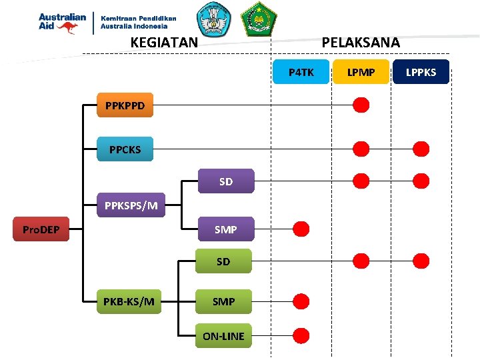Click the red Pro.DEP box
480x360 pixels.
point(41,230)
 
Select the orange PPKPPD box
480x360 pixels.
point(125,105)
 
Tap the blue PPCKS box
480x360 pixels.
point(125,149)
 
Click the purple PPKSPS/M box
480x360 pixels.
point(131,205)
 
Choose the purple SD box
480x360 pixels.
point(226,181)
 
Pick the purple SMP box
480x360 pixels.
point(226,229)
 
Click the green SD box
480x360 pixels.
point(223,261)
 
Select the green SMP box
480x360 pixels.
point(223,301)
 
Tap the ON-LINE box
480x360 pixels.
point(223,336)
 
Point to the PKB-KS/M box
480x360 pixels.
point(129,301)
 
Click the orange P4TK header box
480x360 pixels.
point(301,72)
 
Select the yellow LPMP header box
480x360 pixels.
point(361,72)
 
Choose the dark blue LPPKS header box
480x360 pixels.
point(421,72)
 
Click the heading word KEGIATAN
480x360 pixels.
point(164,43)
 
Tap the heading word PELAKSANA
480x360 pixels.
point(361,43)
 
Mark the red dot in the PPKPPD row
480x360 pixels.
point(361,105)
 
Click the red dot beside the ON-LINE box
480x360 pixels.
point(301,335)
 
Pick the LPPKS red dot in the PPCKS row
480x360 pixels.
point(421,149)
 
